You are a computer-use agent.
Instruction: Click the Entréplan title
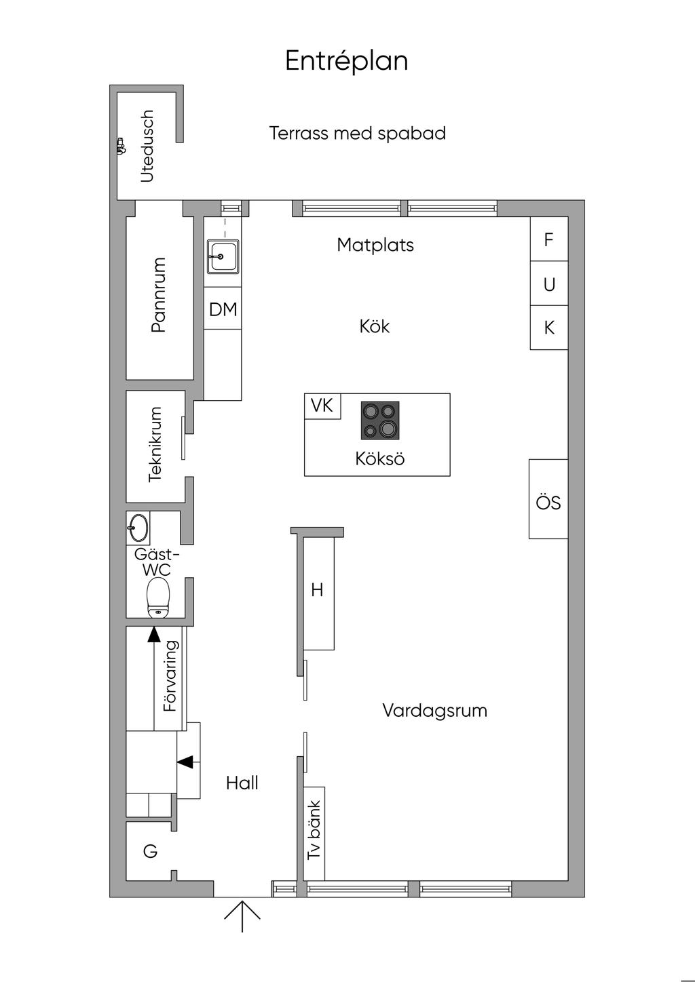pyautogui.click(x=347, y=61)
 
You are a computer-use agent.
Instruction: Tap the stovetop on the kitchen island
pyautogui.click(x=380, y=420)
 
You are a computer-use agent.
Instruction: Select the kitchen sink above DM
pyautogui.click(x=223, y=257)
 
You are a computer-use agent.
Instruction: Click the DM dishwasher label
pyautogui.click(x=223, y=309)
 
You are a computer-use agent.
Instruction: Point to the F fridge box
pyautogui.click(x=549, y=239)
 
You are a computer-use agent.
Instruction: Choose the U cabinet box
pyautogui.click(x=549, y=283)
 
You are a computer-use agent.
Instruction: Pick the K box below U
pyautogui.click(x=549, y=328)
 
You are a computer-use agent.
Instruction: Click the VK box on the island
pyautogui.click(x=322, y=406)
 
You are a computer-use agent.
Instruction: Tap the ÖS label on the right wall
pyautogui.click(x=548, y=503)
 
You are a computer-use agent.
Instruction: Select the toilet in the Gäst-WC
pyautogui.click(x=158, y=597)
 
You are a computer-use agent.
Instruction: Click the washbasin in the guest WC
pyautogui.click(x=138, y=528)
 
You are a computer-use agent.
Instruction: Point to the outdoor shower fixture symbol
pyautogui.click(x=121, y=146)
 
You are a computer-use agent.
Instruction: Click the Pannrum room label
pyautogui.click(x=158, y=294)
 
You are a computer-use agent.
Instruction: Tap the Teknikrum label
pyautogui.click(x=155, y=444)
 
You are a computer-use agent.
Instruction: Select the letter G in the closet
pyautogui.click(x=150, y=851)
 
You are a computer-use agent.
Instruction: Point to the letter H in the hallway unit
pyautogui.click(x=317, y=590)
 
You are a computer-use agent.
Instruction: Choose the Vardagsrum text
pyautogui.click(x=434, y=711)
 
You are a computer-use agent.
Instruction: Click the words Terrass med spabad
pyautogui.click(x=357, y=134)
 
